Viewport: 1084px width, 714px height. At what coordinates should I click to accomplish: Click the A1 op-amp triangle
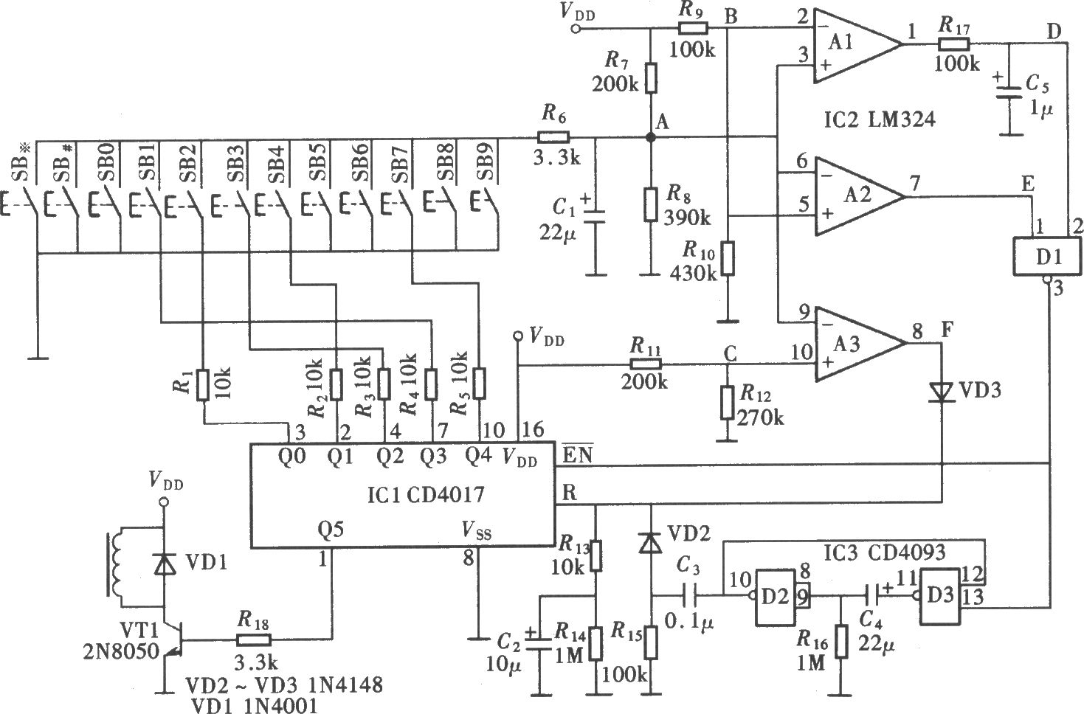(857, 45)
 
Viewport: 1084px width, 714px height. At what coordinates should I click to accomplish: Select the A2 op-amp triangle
(859, 196)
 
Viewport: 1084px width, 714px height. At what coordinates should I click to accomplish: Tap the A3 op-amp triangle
(859, 344)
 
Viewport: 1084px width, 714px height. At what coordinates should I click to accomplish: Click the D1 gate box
(1047, 257)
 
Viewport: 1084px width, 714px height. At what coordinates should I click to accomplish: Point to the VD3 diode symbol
(942, 392)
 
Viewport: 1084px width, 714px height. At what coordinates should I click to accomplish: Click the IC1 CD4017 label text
(425, 495)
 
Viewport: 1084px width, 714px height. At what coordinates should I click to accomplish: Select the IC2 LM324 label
(880, 119)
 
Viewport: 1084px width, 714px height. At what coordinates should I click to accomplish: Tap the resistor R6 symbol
(553, 137)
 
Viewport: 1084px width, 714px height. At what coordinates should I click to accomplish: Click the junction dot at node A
(651, 138)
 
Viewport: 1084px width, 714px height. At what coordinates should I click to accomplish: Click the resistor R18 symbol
(254, 640)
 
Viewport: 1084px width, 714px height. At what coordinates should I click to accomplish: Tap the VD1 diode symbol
(165, 564)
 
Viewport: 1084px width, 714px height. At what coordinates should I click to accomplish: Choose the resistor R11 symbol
(646, 364)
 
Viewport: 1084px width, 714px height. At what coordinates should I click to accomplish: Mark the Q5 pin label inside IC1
(331, 530)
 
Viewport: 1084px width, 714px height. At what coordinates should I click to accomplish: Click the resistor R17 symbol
(953, 44)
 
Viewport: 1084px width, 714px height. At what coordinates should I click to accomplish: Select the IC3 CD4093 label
(883, 552)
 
